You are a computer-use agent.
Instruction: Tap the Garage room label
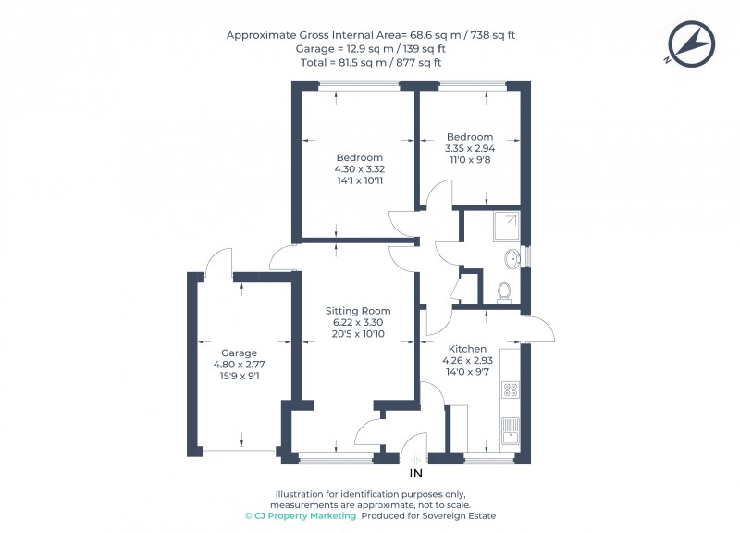click(239, 353)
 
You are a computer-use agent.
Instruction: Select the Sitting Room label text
click(357, 311)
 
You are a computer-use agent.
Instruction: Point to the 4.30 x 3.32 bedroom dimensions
click(360, 170)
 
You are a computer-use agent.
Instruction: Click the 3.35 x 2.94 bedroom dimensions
click(470, 149)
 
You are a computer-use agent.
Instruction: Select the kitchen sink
click(510, 430)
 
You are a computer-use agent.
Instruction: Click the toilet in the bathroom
click(504, 291)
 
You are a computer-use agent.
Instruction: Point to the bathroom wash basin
click(512, 256)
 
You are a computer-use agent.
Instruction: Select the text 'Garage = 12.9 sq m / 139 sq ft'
click(370, 49)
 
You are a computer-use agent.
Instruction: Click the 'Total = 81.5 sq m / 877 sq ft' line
click(370, 63)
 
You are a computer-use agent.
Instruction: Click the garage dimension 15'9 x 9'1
click(239, 376)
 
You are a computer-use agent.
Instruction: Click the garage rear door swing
click(220, 262)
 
